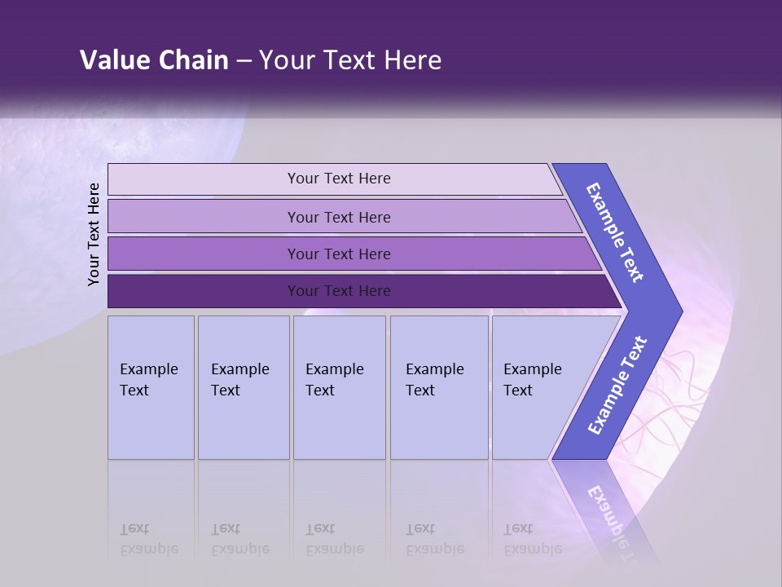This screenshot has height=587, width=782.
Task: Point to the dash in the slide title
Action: click(244, 60)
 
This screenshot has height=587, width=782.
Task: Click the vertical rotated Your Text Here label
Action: click(94, 234)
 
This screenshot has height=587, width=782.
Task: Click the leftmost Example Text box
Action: click(151, 387)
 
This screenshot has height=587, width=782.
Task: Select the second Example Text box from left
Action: click(244, 387)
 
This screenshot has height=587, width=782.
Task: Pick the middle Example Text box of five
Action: click(339, 387)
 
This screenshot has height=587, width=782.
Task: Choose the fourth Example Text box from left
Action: click(439, 387)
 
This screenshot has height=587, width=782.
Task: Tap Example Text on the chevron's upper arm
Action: click(615, 232)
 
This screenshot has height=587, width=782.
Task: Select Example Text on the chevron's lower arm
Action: click(617, 386)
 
